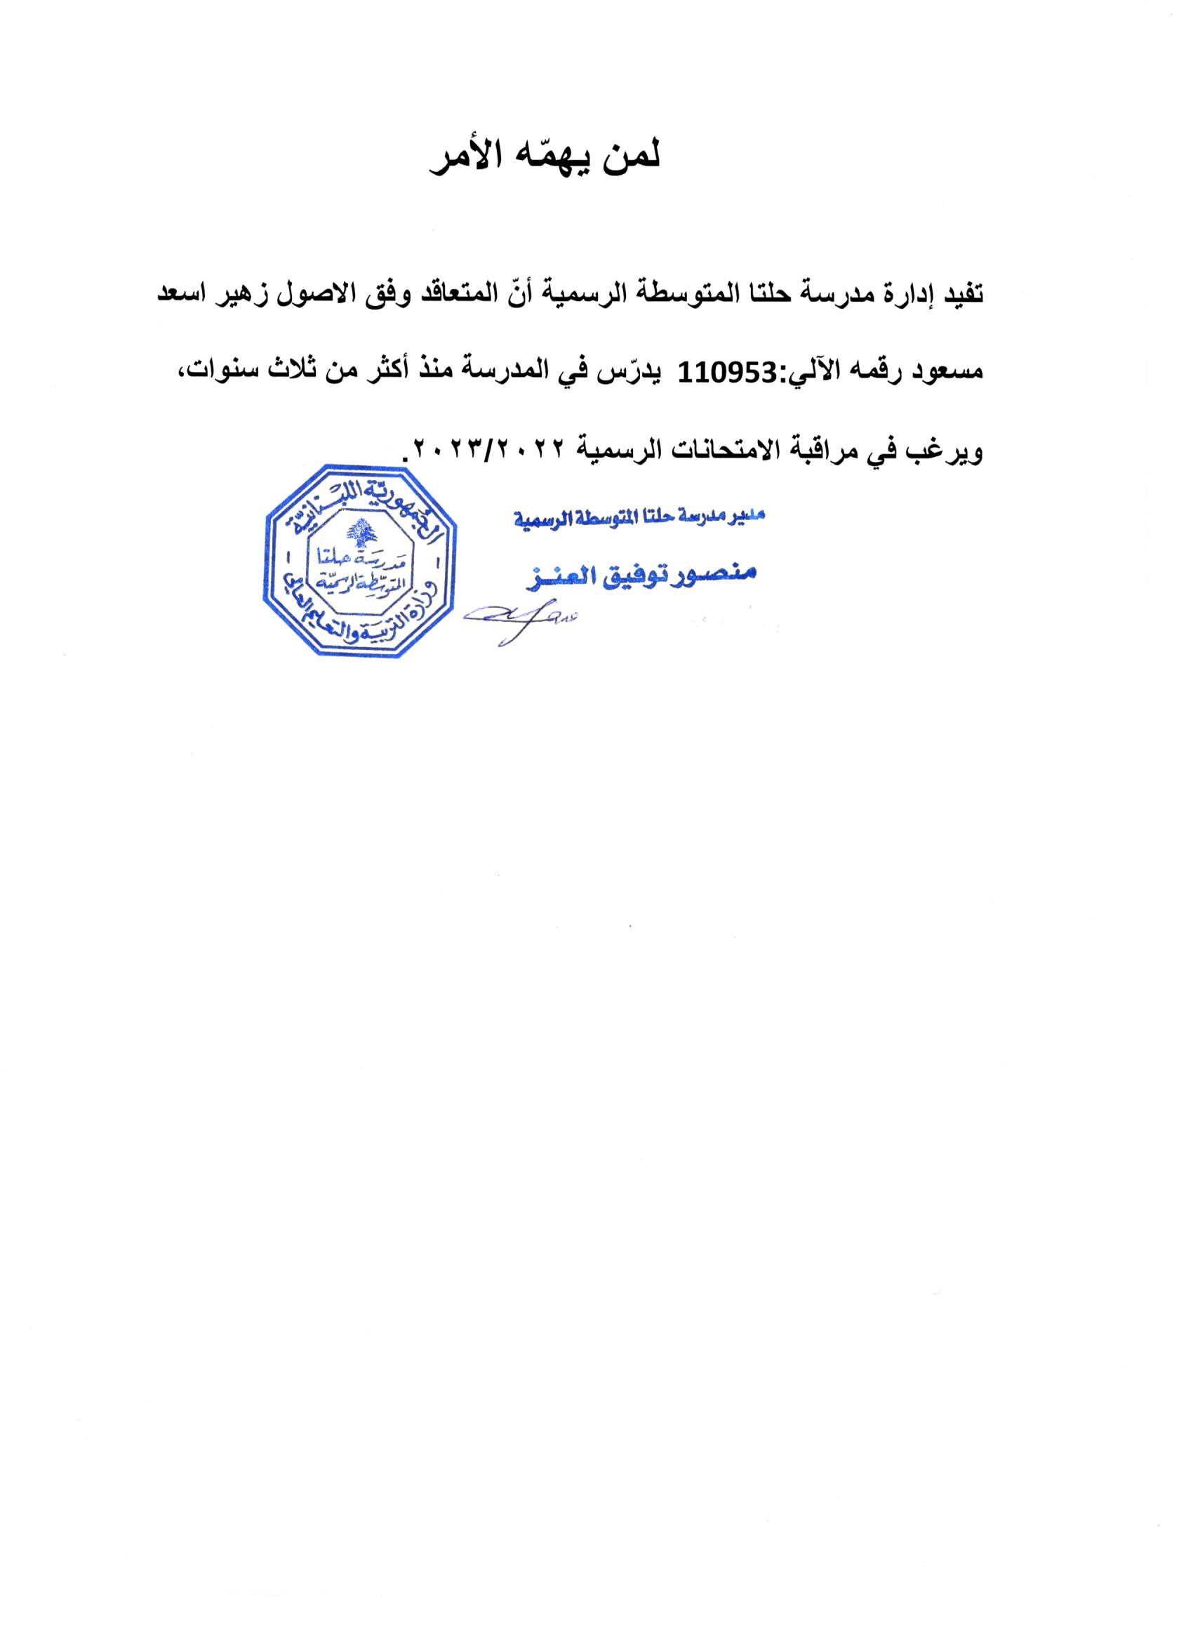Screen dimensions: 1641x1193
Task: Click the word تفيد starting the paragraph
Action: [959, 295]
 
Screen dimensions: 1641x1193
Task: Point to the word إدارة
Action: [899, 297]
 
